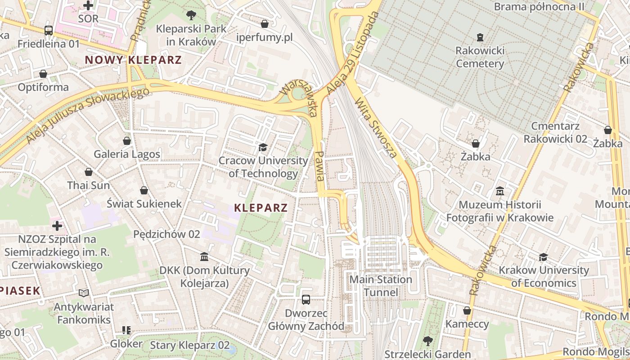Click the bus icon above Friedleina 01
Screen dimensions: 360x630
[x=49, y=31]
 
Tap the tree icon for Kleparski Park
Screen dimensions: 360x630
[x=191, y=15]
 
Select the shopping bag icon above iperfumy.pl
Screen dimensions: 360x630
[x=265, y=23]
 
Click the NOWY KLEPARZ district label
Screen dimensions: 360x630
[x=133, y=60]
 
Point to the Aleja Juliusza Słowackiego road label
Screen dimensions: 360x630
[x=88, y=116]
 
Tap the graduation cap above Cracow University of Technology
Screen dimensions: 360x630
[x=263, y=147]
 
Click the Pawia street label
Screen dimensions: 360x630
[x=320, y=166]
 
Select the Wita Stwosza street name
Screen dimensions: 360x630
[x=376, y=128]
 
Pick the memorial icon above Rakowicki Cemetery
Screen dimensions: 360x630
[x=480, y=37]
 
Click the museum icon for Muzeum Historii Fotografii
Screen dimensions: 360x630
[x=499, y=191]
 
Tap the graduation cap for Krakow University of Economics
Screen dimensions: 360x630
[x=544, y=257]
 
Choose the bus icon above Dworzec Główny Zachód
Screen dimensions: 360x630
[x=306, y=299]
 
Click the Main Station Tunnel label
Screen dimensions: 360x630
[x=381, y=286]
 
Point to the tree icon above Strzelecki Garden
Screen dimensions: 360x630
[x=427, y=341]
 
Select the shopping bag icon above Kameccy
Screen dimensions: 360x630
[x=467, y=310]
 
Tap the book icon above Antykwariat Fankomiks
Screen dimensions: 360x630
[x=84, y=293]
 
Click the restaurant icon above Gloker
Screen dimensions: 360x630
[x=126, y=330]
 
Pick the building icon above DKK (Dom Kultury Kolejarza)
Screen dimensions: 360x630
[x=204, y=257]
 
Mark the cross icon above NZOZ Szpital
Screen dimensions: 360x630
[x=57, y=225]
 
